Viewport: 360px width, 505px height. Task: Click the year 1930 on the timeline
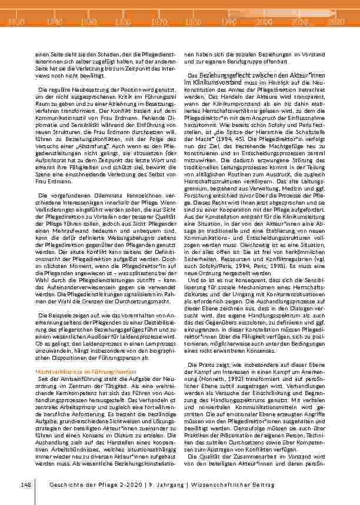point(18,21)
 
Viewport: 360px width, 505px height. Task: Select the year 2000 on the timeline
point(263,21)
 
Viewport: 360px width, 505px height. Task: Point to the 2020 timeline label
point(334,21)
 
